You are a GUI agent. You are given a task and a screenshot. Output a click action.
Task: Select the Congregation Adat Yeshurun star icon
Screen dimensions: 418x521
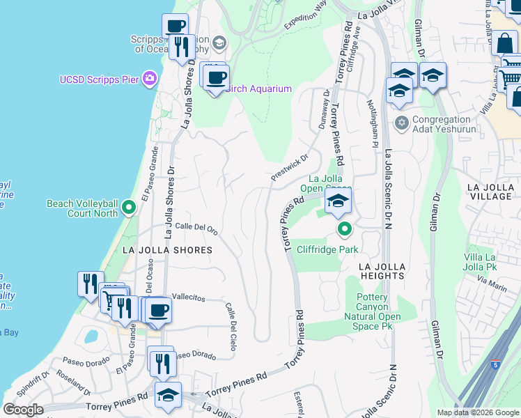click(401, 123)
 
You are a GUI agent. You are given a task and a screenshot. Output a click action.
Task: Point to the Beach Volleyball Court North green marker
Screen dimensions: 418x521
click(128, 207)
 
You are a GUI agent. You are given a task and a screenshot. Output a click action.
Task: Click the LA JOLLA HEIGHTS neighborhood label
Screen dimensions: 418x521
click(381, 271)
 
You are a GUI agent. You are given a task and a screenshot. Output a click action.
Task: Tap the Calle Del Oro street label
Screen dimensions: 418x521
click(196, 226)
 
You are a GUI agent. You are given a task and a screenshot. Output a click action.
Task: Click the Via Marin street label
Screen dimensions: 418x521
click(492, 284)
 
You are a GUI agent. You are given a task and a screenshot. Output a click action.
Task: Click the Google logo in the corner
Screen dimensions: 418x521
click(23, 410)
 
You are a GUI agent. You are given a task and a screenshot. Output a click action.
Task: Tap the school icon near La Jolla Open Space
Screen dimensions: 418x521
click(338, 201)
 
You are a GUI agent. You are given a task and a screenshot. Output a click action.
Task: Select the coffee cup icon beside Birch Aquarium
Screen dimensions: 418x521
click(216, 77)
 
